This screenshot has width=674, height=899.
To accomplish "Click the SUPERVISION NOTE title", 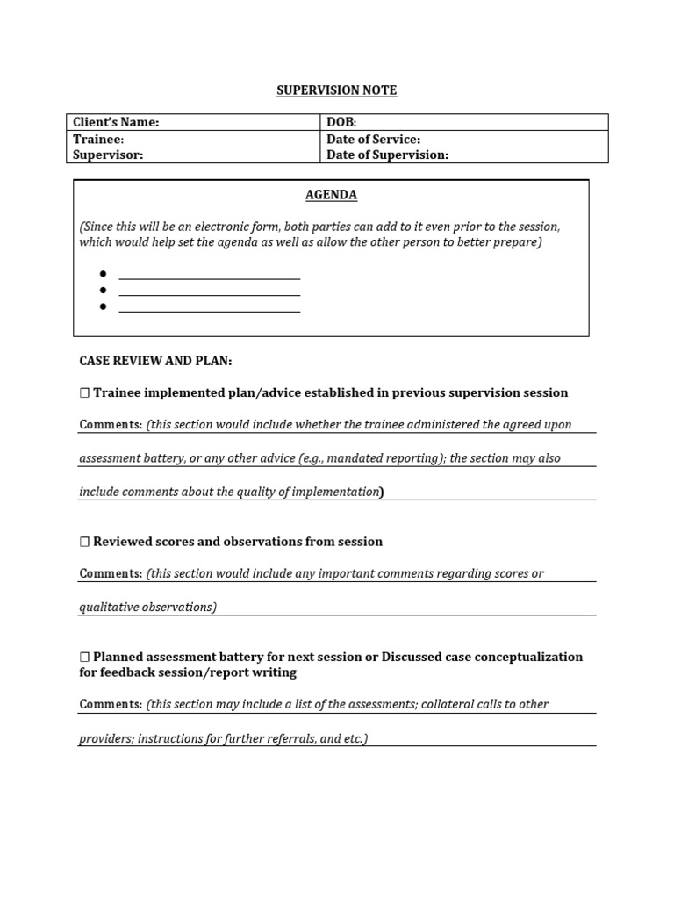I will pyautogui.click(x=337, y=90).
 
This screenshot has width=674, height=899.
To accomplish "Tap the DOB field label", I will pyautogui.click(x=341, y=122).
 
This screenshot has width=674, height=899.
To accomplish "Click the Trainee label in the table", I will pyautogui.click(x=97, y=139).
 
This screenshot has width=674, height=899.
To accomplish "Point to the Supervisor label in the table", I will pyautogui.click(x=107, y=155).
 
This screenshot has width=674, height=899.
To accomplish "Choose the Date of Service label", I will pyautogui.click(x=373, y=139).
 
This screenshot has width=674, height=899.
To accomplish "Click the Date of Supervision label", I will pyautogui.click(x=387, y=155).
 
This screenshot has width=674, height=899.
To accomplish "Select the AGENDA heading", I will pyautogui.click(x=331, y=195).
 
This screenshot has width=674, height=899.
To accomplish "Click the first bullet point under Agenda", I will pyautogui.click(x=103, y=274).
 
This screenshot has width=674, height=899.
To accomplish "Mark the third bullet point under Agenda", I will pyautogui.click(x=103, y=306).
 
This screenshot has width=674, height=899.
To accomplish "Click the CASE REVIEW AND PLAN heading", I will pyautogui.click(x=155, y=361).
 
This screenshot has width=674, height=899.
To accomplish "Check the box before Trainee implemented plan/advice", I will pyautogui.click(x=85, y=393).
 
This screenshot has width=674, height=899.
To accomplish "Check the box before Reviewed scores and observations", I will pyautogui.click(x=85, y=543).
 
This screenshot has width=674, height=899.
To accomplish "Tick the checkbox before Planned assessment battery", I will pyautogui.click(x=85, y=658).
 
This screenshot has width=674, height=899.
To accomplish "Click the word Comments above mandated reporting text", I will pyautogui.click(x=111, y=425).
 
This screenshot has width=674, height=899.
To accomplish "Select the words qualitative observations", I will pyautogui.click(x=147, y=607).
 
